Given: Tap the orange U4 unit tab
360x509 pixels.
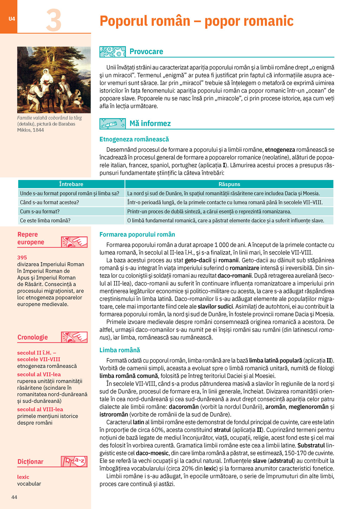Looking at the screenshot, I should (x=12, y=19).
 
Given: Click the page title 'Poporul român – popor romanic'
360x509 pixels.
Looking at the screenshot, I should (x=196, y=21).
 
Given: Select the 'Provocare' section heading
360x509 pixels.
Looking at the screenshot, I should (x=146, y=52).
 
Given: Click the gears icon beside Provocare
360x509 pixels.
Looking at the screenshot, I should (x=112, y=52).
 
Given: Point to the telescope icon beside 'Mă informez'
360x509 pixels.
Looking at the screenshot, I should (x=112, y=123).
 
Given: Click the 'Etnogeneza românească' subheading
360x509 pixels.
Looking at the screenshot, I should (x=134, y=139).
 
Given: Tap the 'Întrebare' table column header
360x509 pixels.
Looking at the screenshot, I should (x=71, y=184).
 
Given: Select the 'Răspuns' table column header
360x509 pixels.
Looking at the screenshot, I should (x=229, y=184).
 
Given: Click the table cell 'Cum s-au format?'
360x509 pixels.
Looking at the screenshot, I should (x=40, y=212).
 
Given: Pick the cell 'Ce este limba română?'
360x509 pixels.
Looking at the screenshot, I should (x=45, y=220).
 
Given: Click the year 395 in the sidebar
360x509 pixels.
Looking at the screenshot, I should (x=22, y=257).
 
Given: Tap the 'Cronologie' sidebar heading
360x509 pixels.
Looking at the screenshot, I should (x=33, y=337).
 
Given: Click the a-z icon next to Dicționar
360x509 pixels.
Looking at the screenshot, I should (x=75, y=461).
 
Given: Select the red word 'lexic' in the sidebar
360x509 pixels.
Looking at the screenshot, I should (x=23, y=477).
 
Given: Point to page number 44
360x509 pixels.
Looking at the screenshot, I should (x=14, y=497).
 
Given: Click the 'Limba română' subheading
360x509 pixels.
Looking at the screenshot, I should (x=120, y=350).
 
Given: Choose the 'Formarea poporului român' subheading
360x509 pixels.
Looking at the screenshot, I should (x=137, y=234).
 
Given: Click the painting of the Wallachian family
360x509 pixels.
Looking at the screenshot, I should (x=54, y=80).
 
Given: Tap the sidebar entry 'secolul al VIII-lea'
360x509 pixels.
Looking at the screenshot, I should (x=40, y=409).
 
